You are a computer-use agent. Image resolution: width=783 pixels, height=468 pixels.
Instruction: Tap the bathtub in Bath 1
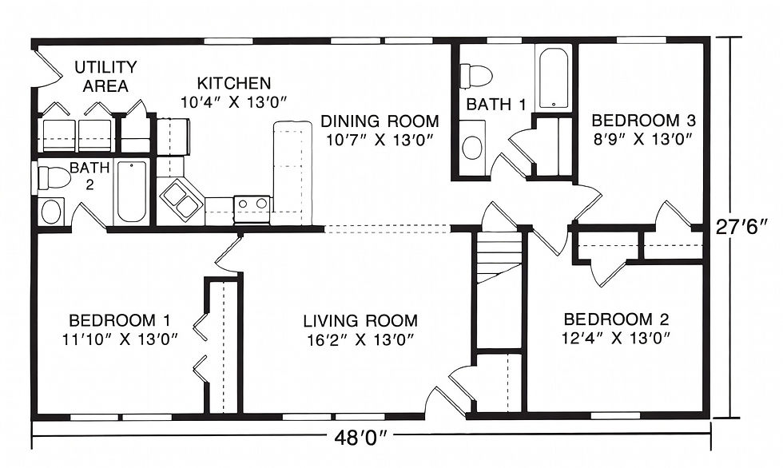[x=553, y=79]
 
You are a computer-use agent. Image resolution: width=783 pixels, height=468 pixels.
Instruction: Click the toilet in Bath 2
[x=54, y=177]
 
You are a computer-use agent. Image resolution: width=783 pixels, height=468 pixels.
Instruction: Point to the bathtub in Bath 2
[x=131, y=192]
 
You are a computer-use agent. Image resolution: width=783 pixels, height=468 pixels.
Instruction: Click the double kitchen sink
[x=181, y=199]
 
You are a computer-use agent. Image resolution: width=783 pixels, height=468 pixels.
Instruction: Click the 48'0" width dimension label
[x=360, y=439]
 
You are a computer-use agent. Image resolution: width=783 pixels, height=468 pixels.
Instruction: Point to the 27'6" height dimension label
[x=741, y=227]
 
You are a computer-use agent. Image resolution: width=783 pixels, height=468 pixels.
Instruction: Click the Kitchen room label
[x=233, y=83]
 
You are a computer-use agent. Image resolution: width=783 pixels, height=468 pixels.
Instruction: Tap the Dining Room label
[x=380, y=121]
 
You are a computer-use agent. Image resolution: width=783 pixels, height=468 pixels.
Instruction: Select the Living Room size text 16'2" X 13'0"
[x=360, y=339]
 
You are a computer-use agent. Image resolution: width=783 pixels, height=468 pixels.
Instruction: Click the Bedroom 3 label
[x=644, y=121]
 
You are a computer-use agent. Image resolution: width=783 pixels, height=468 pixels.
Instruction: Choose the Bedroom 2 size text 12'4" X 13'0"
[x=616, y=338]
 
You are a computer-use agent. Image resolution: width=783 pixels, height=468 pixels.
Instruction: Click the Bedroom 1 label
[x=120, y=319]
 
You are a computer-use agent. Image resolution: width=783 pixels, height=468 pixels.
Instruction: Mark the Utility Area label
[x=105, y=77]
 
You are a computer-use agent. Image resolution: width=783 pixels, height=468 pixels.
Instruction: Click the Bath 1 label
[x=496, y=105]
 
